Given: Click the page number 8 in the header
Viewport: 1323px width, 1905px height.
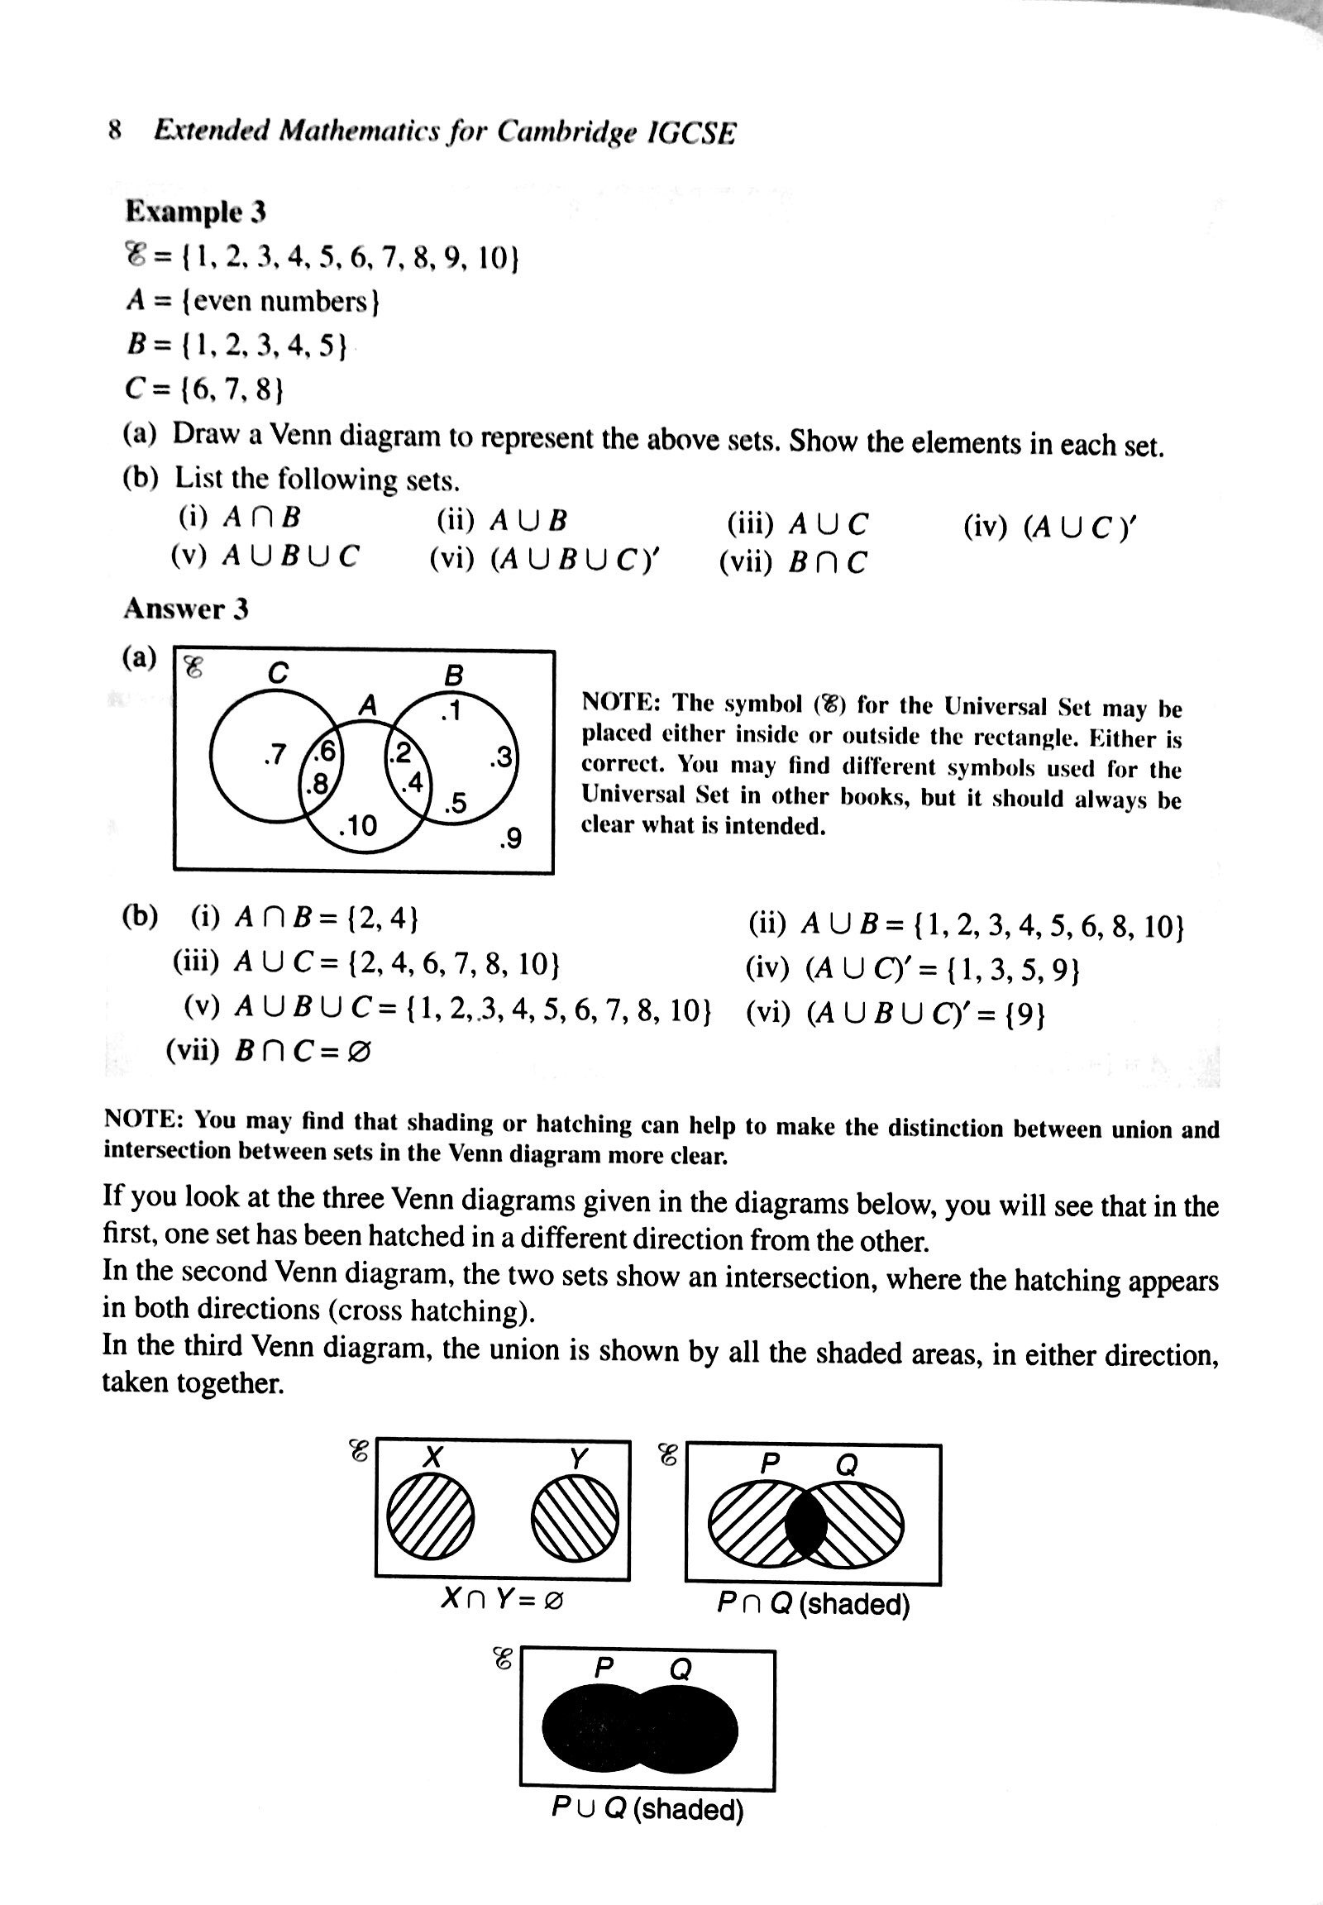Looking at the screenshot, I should click(x=115, y=130).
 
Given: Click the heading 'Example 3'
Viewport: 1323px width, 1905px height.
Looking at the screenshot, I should click(x=196, y=212).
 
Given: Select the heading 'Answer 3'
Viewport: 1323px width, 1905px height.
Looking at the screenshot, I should click(x=186, y=609).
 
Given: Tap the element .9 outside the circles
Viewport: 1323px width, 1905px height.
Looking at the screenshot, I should click(x=510, y=840).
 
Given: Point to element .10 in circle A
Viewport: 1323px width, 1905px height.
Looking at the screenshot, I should click(x=358, y=825).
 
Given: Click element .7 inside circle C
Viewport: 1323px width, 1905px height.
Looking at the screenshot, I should click(x=274, y=754).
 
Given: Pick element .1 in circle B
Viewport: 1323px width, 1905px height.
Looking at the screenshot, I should click(x=450, y=711).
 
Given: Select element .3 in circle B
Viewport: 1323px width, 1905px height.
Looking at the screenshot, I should click(x=500, y=757).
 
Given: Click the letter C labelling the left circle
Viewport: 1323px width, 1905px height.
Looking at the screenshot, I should click(x=278, y=673).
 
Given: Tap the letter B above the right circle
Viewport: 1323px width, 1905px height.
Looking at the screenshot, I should click(x=453, y=676).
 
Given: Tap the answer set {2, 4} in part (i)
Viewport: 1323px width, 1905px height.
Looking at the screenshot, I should click(x=384, y=918).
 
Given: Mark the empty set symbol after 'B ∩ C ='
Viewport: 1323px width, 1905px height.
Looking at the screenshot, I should click(x=358, y=1051).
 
